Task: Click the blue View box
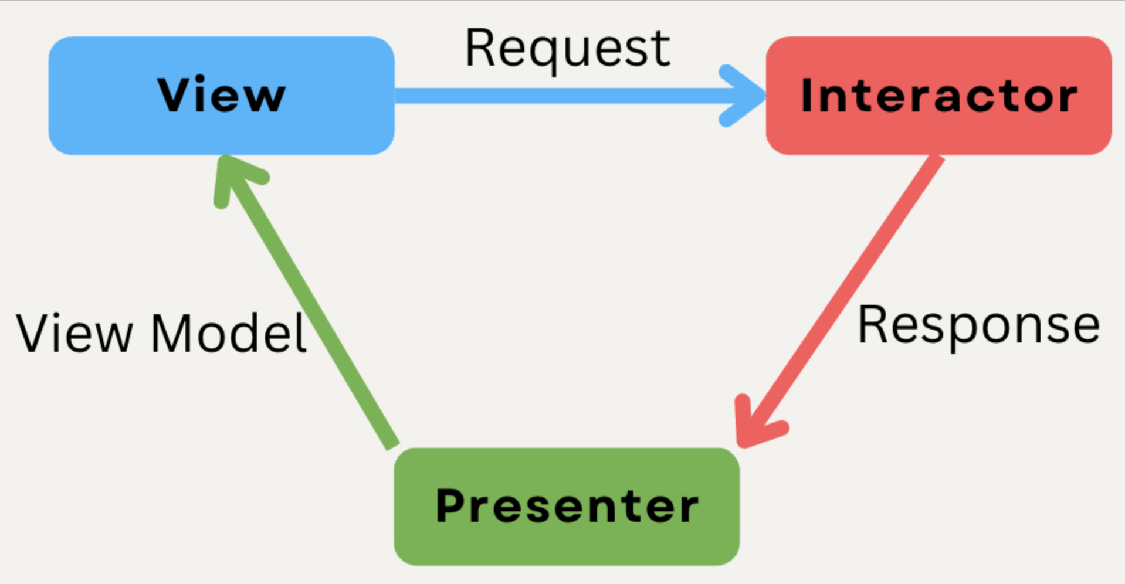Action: pyautogui.click(x=221, y=96)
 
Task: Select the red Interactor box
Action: pyautogui.click(x=938, y=96)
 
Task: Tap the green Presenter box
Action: pyautogui.click(x=567, y=507)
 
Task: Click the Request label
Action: pyautogui.click(x=567, y=49)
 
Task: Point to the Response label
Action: pyautogui.click(x=978, y=327)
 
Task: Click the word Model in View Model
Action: pyautogui.click(x=229, y=333)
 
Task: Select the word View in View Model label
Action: pyautogui.click(x=75, y=332)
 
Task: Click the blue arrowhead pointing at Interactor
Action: pyautogui.click(x=743, y=96)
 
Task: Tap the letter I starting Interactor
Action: pyautogui.click(x=807, y=94)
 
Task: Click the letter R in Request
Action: pyautogui.click(x=481, y=48)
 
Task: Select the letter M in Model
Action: pyautogui.click(x=171, y=332)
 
